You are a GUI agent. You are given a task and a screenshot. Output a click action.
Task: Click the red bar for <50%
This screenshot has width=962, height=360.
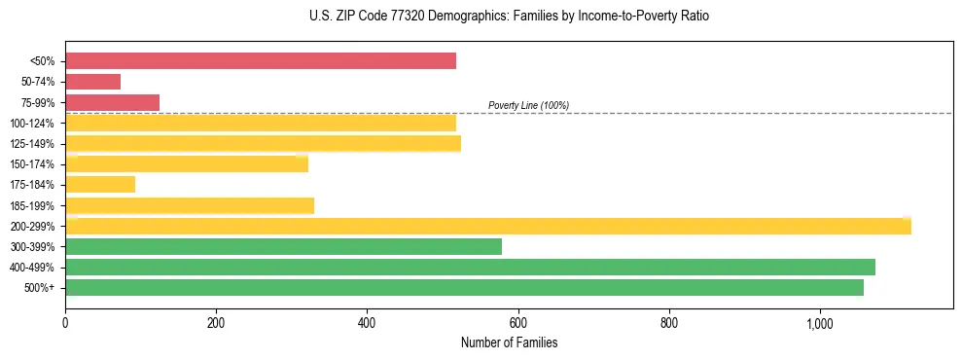261,61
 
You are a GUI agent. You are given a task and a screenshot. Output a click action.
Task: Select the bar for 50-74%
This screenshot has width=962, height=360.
92,82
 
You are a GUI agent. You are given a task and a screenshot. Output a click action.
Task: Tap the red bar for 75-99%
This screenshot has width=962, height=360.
112,102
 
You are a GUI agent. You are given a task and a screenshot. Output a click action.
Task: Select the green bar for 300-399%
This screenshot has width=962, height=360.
283,246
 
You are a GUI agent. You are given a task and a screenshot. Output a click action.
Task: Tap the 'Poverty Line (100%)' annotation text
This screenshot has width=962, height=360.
528,105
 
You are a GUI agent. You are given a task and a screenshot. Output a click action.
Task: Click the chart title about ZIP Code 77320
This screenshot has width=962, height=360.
481,17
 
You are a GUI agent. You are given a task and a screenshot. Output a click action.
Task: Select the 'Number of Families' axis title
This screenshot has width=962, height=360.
509,343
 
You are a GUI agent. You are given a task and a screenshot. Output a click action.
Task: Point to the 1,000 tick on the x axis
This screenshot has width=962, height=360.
819,323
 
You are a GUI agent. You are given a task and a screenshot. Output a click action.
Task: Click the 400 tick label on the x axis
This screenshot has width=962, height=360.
367,323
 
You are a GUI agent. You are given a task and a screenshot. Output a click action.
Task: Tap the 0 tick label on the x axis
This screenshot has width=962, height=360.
65,323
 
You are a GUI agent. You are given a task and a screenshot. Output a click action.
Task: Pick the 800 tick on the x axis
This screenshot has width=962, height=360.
668,323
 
